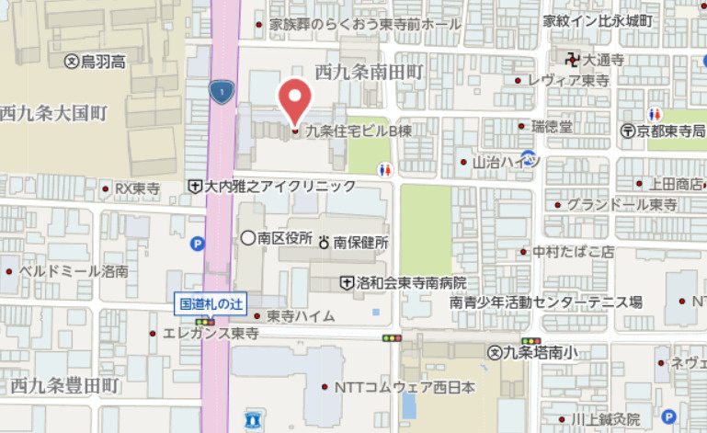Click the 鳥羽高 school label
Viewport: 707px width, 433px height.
pyautogui.click(x=101, y=61)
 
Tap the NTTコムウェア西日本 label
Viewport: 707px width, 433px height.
pyautogui.click(x=405, y=387)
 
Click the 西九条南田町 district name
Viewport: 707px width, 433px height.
pyautogui.click(x=369, y=71)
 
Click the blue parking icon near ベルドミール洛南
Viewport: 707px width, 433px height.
pyautogui.click(x=197, y=244)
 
